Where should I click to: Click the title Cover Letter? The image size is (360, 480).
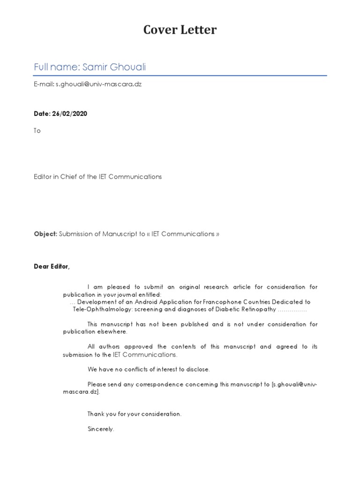coord(180,30)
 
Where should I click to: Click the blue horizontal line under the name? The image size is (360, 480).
coord(180,75)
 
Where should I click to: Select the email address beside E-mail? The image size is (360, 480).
coord(98,84)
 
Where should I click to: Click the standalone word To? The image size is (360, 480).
coord(37,131)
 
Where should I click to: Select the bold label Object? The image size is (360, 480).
coord(45,234)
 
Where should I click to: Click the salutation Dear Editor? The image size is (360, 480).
coord(52,267)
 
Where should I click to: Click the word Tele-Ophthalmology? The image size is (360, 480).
coord(102,309)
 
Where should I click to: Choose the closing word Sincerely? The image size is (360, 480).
coord(100,429)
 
